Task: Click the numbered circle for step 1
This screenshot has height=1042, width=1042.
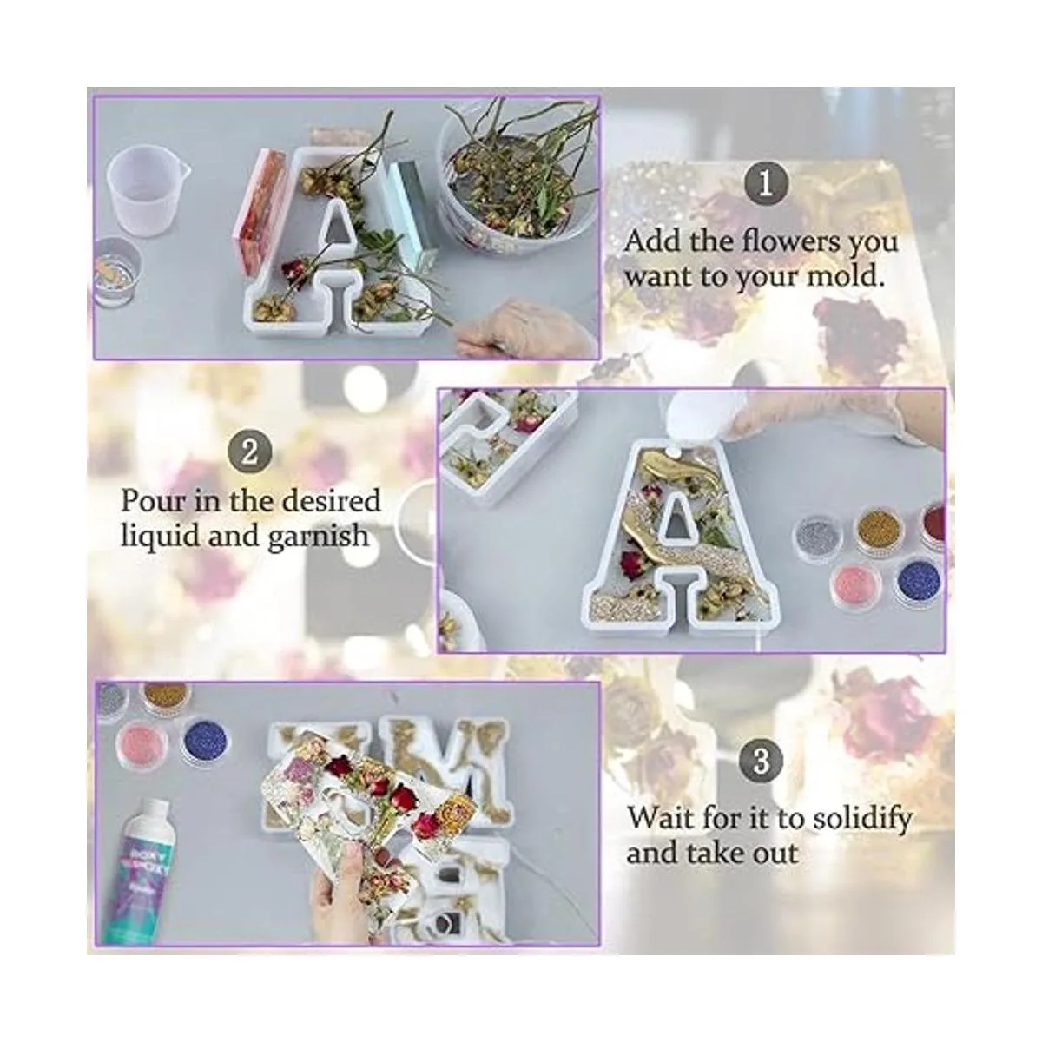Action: [765, 184]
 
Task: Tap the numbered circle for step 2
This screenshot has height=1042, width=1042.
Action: [249, 452]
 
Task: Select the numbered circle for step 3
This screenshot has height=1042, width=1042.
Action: [761, 762]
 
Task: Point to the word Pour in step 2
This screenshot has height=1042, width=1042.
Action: [153, 501]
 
